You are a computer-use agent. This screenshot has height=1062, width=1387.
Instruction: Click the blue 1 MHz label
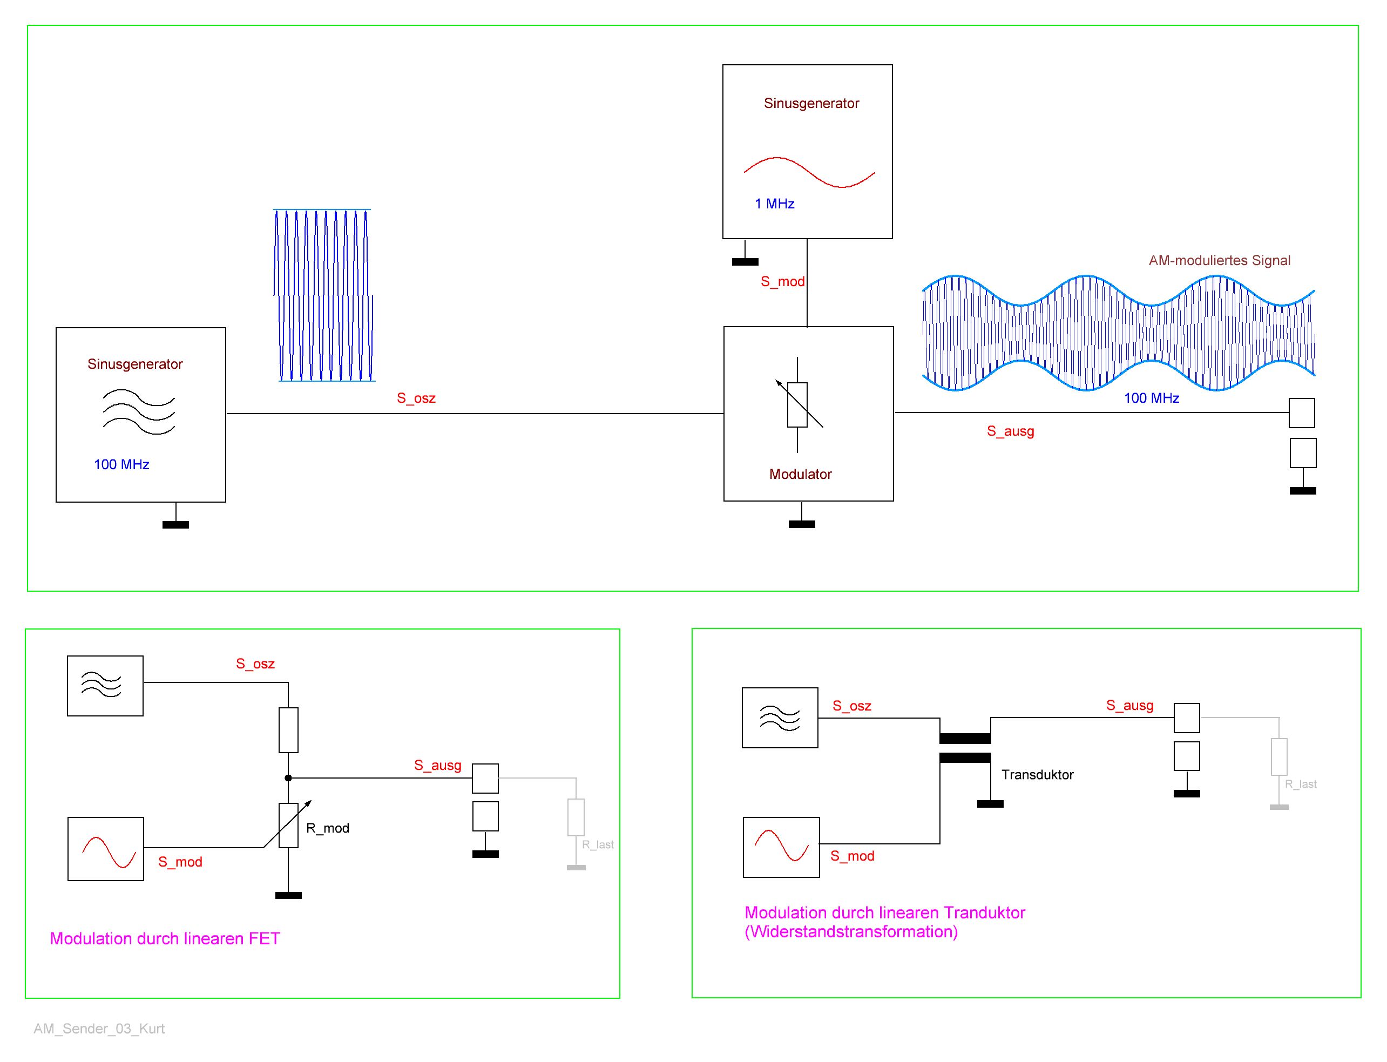(x=774, y=204)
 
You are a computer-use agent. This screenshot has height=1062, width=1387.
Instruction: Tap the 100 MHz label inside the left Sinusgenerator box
(x=121, y=465)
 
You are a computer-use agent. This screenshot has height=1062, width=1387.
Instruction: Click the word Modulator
(x=800, y=474)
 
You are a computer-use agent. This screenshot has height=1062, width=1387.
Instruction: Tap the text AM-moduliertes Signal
(x=1219, y=260)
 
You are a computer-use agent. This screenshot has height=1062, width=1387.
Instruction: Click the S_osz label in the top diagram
(x=416, y=398)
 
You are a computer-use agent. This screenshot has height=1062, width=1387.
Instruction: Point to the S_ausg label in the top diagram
(x=1010, y=431)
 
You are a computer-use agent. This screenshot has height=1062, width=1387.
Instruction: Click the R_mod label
(x=328, y=828)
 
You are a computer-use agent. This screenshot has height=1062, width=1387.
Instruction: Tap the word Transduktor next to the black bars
(x=1037, y=775)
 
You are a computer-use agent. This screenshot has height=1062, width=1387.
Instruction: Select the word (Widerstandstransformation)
(x=851, y=932)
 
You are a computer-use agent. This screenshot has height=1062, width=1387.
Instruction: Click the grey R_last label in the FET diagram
(x=598, y=844)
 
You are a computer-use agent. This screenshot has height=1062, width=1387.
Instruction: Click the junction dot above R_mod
(x=288, y=778)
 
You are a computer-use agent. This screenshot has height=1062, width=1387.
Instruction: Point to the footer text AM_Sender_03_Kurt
(x=99, y=1029)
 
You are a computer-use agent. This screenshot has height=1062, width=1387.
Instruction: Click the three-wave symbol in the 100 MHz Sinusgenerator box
(x=139, y=412)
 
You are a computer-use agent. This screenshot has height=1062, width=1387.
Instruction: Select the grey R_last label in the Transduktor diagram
(x=1301, y=784)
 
